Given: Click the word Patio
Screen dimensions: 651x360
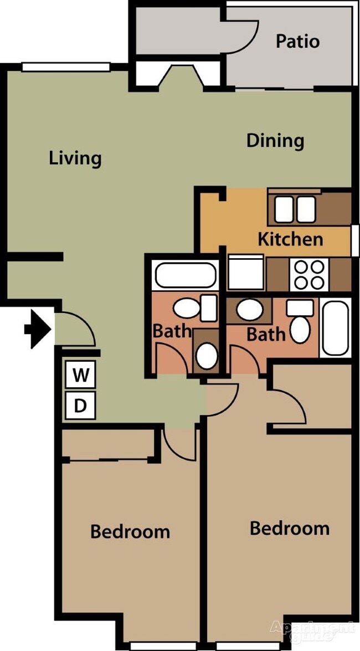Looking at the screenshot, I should (x=297, y=42).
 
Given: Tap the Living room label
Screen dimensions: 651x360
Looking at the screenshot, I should (x=75, y=158).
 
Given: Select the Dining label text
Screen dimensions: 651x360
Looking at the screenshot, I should (x=275, y=141).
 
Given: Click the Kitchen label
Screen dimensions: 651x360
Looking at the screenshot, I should (x=290, y=239).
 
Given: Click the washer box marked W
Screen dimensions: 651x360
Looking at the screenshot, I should (x=81, y=376).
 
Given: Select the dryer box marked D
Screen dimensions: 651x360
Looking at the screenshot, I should (x=81, y=406).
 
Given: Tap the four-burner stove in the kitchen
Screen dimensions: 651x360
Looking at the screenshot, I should (x=309, y=275).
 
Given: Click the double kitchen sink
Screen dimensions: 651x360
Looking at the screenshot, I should (x=295, y=209).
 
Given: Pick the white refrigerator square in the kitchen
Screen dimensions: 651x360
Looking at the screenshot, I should (x=246, y=272).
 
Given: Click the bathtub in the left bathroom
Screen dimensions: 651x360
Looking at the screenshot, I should (x=186, y=275).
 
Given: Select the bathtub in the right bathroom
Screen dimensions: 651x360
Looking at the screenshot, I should (x=335, y=327).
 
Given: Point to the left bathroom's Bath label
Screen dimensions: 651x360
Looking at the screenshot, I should (x=172, y=332).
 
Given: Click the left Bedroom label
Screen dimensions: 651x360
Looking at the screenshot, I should (x=130, y=532).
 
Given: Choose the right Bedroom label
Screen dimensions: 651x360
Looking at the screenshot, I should (x=290, y=528).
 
